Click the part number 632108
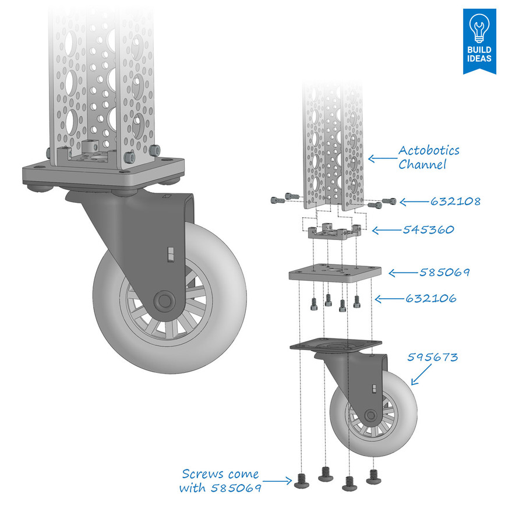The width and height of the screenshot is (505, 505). [x=455, y=202]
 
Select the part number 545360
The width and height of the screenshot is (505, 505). [x=428, y=230]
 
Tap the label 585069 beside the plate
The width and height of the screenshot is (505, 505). [x=444, y=272]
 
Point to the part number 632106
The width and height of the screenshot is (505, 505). [x=431, y=299]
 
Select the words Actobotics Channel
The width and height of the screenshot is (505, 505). [x=429, y=157]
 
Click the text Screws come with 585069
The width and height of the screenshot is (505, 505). [x=220, y=481]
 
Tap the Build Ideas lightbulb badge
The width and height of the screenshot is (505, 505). [x=479, y=40]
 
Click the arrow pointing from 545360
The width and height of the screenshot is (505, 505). [x=386, y=231]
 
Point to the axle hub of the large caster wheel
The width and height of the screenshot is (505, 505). [x=164, y=300]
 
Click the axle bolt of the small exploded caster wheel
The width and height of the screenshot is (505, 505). [x=369, y=414]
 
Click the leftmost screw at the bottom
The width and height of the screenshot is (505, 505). [x=302, y=480]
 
